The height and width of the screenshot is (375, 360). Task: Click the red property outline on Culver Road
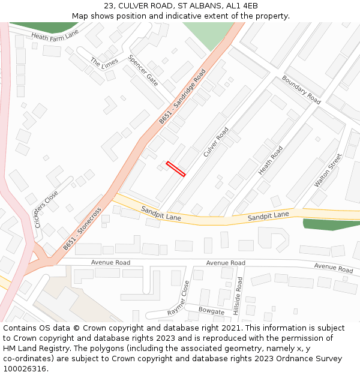click(x=176, y=169)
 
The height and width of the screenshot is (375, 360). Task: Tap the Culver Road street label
click(x=216, y=142)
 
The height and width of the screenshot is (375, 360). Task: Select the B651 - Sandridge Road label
click(x=182, y=97)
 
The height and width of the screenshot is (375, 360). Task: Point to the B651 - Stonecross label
click(x=82, y=228)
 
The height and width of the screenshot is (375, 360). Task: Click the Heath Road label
click(x=270, y=161)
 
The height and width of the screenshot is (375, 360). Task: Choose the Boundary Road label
click(x=301, y=89)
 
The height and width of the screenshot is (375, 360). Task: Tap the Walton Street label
click(x=328, y=170)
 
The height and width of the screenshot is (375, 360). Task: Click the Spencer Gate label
click(x=143, y=70)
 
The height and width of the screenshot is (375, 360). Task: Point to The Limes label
click(x=103, y=62)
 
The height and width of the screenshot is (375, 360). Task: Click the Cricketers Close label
click(x=46, y=209)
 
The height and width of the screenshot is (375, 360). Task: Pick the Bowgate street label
click(x=211, y=311)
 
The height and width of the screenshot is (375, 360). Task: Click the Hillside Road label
click(x=238, y=296)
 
